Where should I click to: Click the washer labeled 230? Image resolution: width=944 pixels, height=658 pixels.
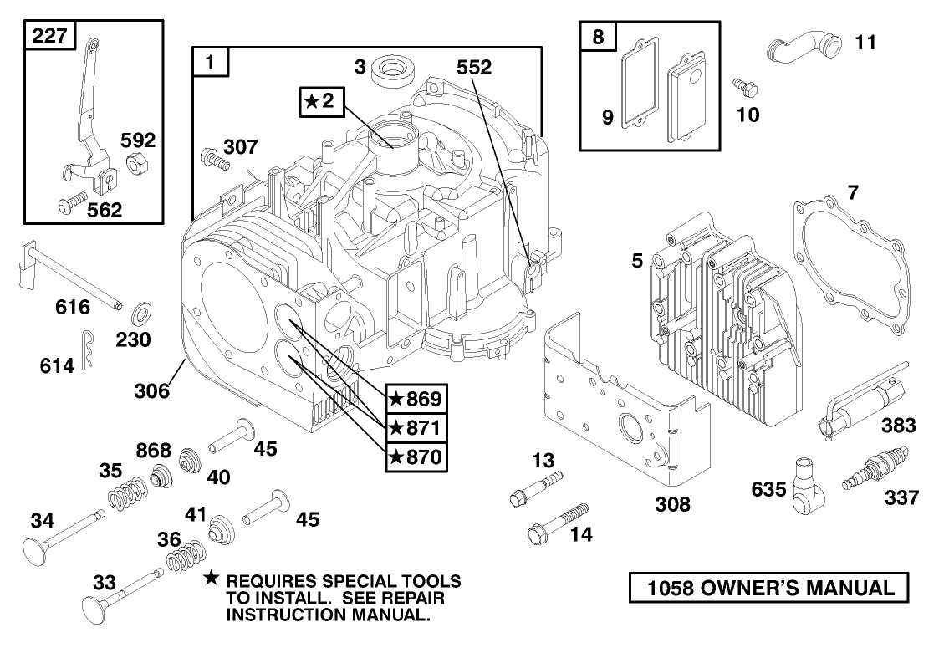(x=140, y=316)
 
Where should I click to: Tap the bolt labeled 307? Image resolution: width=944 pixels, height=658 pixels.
(x=215, y=156)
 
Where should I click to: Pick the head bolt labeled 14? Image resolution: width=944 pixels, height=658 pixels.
(x=558, y=522)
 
